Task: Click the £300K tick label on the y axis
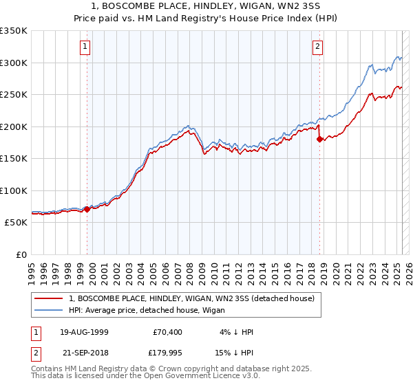[14, 63]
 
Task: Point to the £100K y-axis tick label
[14, 190]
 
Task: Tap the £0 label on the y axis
[21, 255]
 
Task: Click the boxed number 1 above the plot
[85, 47]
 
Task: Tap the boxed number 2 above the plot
[317, 47]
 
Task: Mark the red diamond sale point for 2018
[319, 139]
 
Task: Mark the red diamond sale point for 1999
[87, 209]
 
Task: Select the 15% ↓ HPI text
[234, 355]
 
